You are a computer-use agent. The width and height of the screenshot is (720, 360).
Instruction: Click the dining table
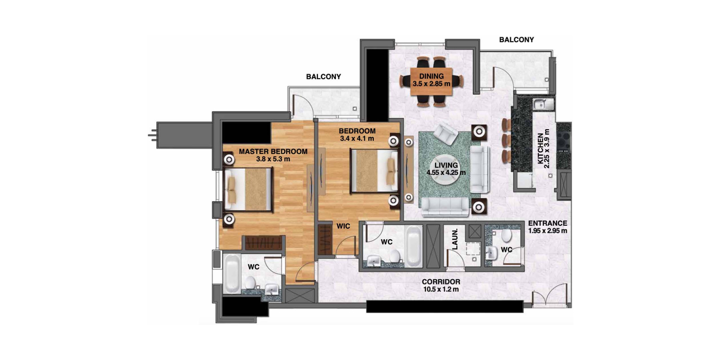click(431, 81)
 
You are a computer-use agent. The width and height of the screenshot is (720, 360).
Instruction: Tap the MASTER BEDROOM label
click(273, 151)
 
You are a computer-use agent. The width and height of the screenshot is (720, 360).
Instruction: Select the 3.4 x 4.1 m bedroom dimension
click(357, 139)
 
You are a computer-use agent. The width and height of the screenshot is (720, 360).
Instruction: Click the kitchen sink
click(543, 104)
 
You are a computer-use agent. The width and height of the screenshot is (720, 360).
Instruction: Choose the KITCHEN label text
click(541, 149)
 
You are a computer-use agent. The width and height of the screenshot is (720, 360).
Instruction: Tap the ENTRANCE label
click(548, 223)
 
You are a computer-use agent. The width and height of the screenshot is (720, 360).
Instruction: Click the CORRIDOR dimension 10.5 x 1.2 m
click(441, 289)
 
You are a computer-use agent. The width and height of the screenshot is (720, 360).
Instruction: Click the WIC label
click(344, 226)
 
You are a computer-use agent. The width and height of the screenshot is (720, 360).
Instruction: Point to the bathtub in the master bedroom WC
click(231, 274)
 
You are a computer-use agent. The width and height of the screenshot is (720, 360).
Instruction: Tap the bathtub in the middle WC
click(413, 246)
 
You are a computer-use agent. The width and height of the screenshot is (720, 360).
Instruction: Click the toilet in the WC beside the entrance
click(507, 236)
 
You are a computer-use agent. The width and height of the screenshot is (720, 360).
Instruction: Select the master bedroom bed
click(248, 190)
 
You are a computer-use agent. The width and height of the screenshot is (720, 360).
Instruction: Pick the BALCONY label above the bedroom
click(323, 77)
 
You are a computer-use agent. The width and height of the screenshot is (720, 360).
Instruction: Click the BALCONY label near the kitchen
click(516, 40)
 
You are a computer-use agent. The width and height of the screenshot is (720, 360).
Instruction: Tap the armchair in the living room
click(446, 134)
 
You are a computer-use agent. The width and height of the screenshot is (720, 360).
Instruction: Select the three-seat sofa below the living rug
click(445, 206)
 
